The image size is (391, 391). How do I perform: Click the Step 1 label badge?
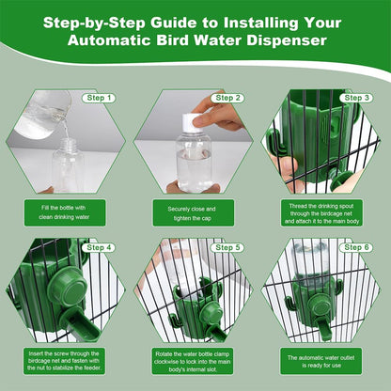click(99, 97)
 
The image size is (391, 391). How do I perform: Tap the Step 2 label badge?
click(227, 97)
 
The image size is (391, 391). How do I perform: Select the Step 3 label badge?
click(356, 97)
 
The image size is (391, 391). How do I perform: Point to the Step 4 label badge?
click(99, 247)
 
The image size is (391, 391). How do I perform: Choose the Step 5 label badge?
click(227, 247)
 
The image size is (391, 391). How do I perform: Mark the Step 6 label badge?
click(356, 247)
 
